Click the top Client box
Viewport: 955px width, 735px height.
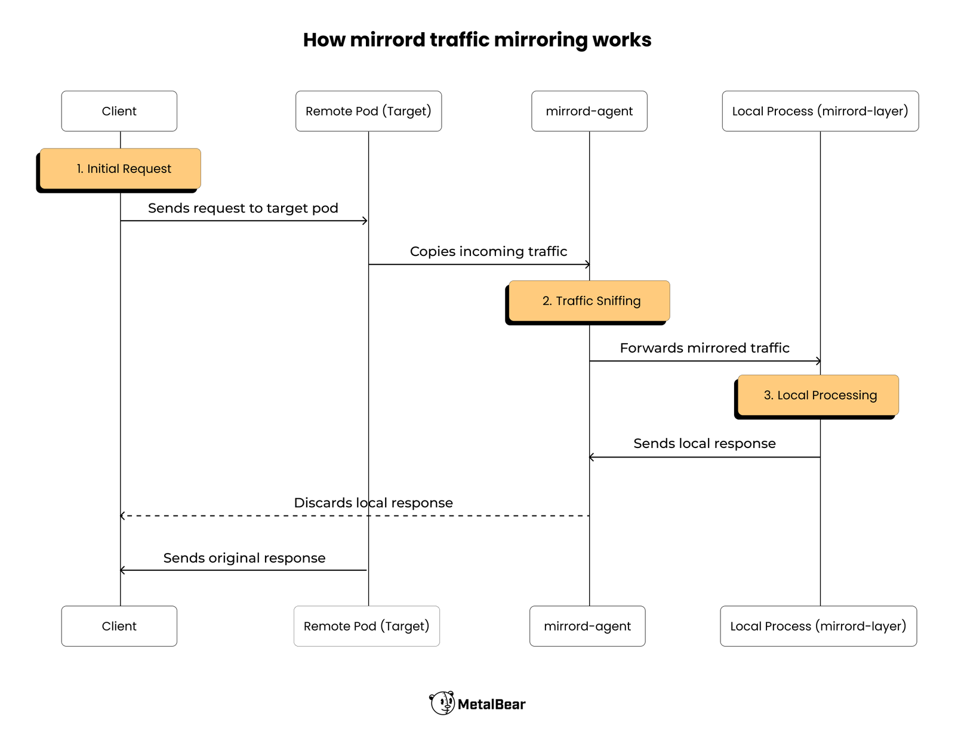click(x=119, y=111)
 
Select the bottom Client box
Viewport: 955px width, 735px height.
click(x=119, y=626)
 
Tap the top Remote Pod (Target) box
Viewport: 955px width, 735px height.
click(x=368, y=111)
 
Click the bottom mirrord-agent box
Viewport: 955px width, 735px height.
click(x=587, y=626)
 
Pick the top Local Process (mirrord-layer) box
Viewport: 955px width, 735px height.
click(x=820, y=111)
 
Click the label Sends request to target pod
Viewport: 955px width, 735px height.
click(x=243, y=208)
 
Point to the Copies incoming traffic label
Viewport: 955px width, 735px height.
click(x=488, y=251)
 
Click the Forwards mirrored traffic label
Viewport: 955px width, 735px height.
click(x=704, y=348)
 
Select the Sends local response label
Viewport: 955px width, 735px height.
click(x=704, y=443)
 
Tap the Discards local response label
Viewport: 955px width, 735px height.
click(x=373, y=503)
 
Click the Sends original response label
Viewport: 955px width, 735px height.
click(x=244, y=558)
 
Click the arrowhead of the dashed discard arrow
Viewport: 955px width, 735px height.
click(x=122, y=515)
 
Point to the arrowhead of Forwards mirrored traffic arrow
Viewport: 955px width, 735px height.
click(x=818, y=361)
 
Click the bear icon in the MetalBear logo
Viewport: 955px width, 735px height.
click(x=442, y=703)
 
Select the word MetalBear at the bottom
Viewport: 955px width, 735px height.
click(x=491, y=705)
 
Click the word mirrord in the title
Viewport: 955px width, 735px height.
click(x=387, y=40)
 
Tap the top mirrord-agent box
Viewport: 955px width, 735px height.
click(x=589, y=111)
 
